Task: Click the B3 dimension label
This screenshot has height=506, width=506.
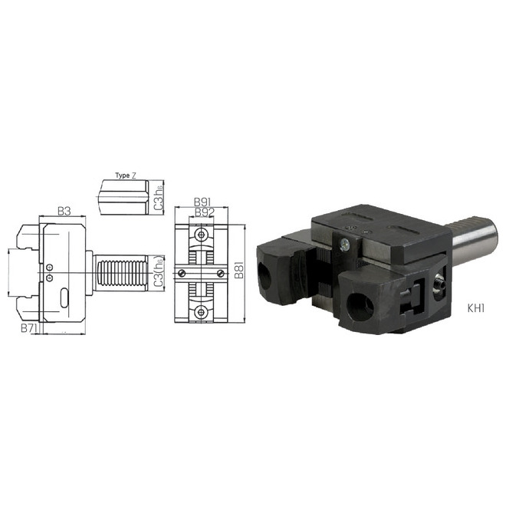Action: click(x=64, y=212)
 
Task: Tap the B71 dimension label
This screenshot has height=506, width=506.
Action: click(x=29, y=328)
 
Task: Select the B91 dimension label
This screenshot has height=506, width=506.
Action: click(x=202, y=202)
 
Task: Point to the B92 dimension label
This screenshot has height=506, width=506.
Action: click(x=205, y=212)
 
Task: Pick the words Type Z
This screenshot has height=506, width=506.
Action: click(x=126, y=176)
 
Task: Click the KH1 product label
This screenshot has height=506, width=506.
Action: click(x=476, y=308)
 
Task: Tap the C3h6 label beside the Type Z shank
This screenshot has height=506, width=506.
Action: click(x=159, y=198)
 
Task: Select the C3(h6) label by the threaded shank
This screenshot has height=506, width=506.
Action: click(x=159, y=274)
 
